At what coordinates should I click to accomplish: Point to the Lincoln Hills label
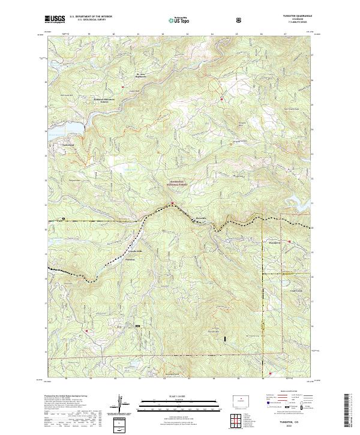131,250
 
